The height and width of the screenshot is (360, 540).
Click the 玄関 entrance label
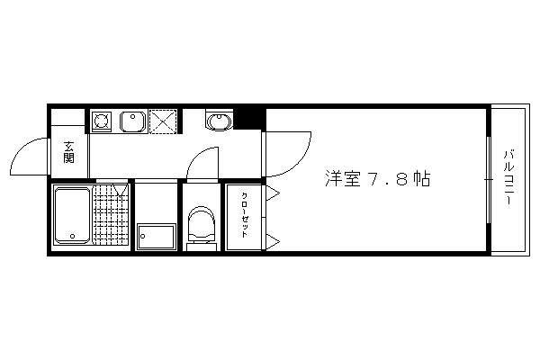68,153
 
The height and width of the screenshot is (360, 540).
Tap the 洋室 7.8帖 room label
378,178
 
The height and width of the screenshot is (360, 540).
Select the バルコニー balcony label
509,177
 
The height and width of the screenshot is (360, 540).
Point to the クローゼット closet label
244,215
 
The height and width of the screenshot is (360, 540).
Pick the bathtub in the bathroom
72,215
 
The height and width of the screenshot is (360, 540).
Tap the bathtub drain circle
73,237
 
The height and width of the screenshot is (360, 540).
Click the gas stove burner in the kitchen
102,121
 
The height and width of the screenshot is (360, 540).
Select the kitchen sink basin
132,121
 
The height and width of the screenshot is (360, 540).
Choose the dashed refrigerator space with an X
163,121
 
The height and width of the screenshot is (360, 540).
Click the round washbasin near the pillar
219,121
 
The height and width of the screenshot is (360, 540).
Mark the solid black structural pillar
249,119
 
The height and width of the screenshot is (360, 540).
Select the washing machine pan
157,237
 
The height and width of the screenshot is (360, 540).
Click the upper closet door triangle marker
273,193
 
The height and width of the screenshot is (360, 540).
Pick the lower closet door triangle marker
273,241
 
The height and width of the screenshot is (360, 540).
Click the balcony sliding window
489,180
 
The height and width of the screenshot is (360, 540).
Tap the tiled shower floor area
111,215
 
